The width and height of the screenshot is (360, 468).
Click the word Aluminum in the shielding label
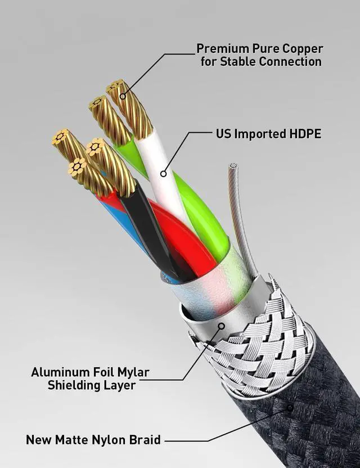click(x=56, y=372)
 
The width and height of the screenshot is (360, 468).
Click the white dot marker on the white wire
click(x=163, y=174)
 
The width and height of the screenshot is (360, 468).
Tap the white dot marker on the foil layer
click(x=221, y=326)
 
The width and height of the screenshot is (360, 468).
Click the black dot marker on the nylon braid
click(x=290, y=408)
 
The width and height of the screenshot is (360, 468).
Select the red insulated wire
click(x=186, y=242)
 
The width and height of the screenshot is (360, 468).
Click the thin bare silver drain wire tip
click(x=233, y=166)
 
